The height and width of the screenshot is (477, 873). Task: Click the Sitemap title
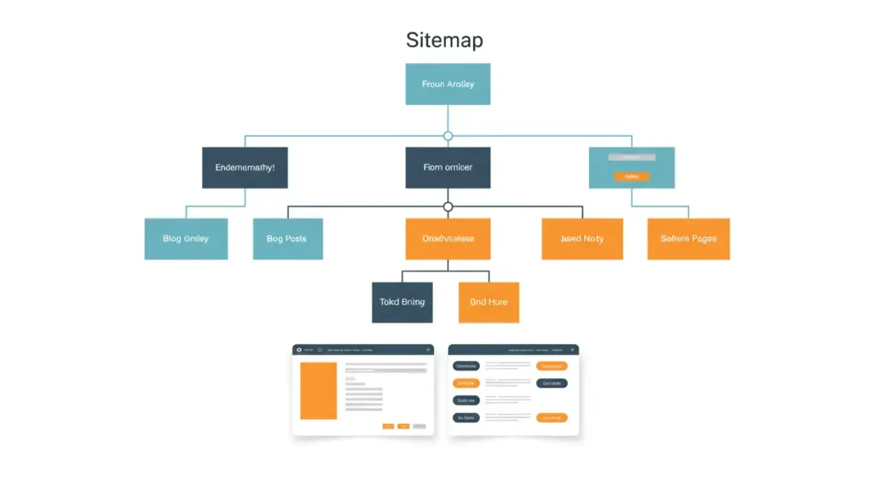(x=444, y=40)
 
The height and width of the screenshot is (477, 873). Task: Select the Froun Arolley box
(x=448, y=84)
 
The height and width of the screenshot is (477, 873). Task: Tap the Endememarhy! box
(x=245, y=167)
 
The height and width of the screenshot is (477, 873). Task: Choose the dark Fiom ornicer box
(x=448, y=167)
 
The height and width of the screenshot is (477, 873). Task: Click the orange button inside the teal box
(x=631, y=177)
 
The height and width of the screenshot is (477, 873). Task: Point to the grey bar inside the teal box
(x=631, y=157)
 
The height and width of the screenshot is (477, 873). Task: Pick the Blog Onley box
(x=186, y=238)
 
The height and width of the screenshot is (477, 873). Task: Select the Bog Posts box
(x=288, y=238)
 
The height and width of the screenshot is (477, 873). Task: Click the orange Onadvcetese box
(x=448, y=238)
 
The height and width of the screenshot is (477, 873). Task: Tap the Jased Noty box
(x=582, y=238)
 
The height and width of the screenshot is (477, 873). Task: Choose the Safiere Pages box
(x=688, y=238)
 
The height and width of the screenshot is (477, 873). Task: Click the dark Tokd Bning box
(x=402, y=302)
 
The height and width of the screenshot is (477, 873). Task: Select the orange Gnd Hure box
(x=489, y=302)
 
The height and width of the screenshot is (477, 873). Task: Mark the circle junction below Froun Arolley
(x=448, y=136)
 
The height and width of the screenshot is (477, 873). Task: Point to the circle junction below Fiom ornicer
(x=448, y=207)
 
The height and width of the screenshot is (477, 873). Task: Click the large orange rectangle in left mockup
(x=319, y=391)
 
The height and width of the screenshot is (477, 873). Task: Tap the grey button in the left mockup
(x=419, y=425)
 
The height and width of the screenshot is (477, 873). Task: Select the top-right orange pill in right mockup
(x=552, y=366)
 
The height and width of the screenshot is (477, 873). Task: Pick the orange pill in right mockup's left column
(x=465, y=383)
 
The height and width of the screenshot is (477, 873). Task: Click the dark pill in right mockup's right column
(x=552, y=383)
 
